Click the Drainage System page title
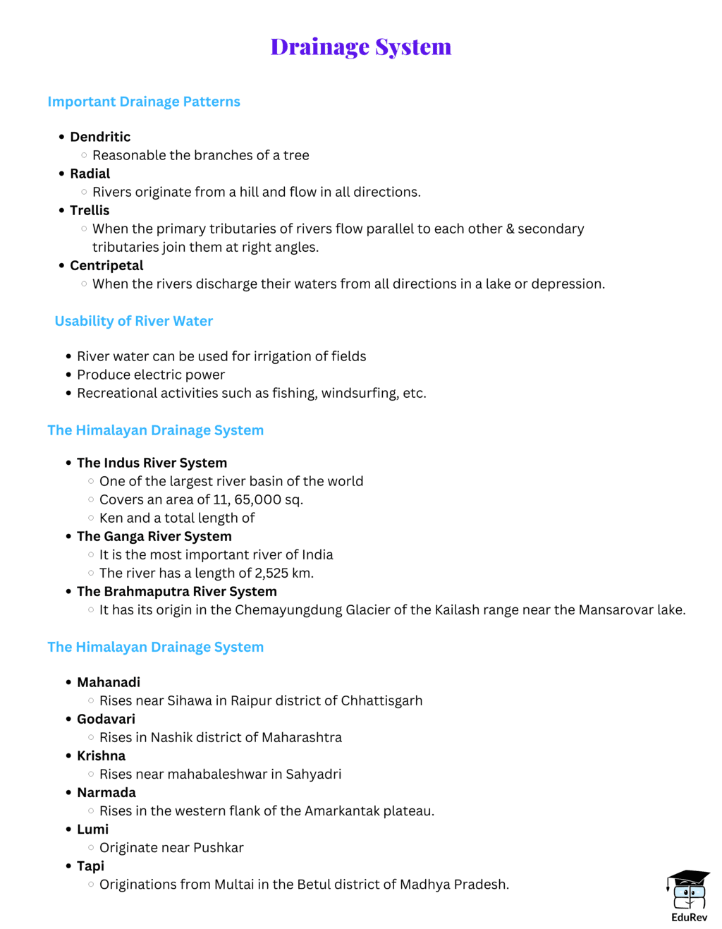tap(360, 47)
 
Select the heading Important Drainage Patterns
tap(144, 102)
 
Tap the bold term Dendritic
tap(100, 137)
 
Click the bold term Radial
tap(90, 174)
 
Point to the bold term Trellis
tap(90, 210)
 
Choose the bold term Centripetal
tap(106, 265)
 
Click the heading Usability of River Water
tap(134, 321)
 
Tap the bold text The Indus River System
tap(152, 463)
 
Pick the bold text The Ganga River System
tap(154, 536)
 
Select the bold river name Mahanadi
tap(109, 682)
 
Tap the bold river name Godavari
tap(106, 719)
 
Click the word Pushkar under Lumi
tap(219, 847)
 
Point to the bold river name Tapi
tap(90, 866)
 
